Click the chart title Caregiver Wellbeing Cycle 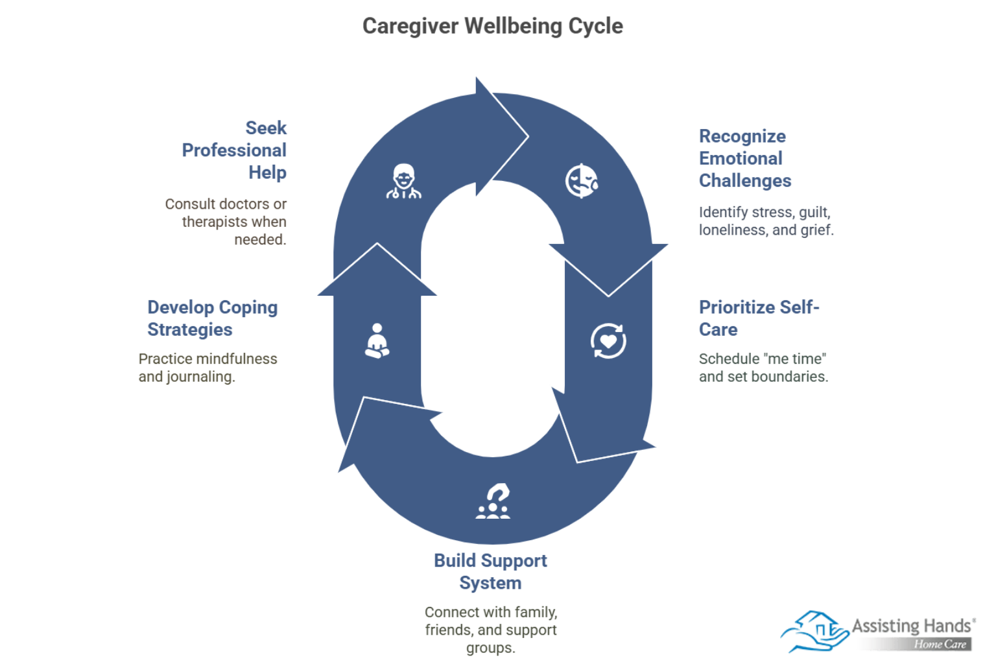point(492,26)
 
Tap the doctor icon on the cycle point(403,181)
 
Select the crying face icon point(582,181)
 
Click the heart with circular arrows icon point(608,341)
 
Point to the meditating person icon point(377,341)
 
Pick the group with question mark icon point(493,501)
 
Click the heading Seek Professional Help point(234,150)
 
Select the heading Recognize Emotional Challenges point(744,158)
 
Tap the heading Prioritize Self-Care point(759,318)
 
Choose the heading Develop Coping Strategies point(212,318)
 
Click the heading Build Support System point(490,571)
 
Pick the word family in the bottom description point(536,612)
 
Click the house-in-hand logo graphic point(815,631)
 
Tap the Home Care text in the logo point(940,644)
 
